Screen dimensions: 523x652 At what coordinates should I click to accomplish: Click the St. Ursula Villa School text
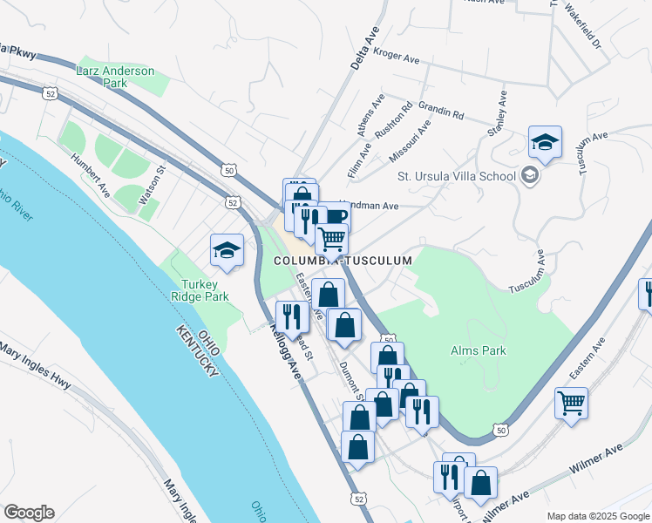pyautogui.click(x=457, y=176)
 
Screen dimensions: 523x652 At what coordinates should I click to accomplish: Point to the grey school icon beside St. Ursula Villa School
pyautogui.click(x=529, y=176)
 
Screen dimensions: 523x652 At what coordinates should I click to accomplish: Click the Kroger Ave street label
pyautogui.click(x=397, y=55)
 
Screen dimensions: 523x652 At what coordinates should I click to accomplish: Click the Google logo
pyautogui.click(x=29, y=513)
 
